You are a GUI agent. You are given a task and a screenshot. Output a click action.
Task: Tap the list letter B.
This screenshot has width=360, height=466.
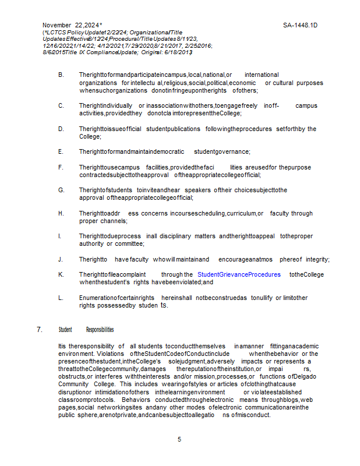click(61, 75)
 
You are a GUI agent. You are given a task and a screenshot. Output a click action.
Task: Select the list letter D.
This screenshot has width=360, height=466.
click(61, 129)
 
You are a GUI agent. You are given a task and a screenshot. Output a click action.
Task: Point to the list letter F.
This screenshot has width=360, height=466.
click(61, 167)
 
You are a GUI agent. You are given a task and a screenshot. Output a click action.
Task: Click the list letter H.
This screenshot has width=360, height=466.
click(61, 213)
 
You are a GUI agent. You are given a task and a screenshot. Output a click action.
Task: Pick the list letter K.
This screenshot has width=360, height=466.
click(61, 274)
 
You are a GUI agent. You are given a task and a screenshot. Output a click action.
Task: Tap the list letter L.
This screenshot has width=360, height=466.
click(61, 298)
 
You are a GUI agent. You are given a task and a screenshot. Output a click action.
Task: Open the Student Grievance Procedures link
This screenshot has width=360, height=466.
click(239, 274)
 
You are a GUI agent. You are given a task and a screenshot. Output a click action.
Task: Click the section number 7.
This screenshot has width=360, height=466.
click(40, 330)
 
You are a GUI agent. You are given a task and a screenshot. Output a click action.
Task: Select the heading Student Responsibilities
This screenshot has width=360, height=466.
click(86, 330)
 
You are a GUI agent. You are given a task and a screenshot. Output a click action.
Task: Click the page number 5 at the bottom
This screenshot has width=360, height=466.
click(179, 439)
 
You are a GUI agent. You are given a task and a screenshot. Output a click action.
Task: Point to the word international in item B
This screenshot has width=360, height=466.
click(262, 75)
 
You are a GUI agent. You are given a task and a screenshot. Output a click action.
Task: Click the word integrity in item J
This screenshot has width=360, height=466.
click(317, 259)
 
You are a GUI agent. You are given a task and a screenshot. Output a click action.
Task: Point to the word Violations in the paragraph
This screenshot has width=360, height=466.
click(112, 354)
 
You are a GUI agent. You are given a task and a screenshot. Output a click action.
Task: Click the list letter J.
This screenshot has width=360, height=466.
click(61, 259)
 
